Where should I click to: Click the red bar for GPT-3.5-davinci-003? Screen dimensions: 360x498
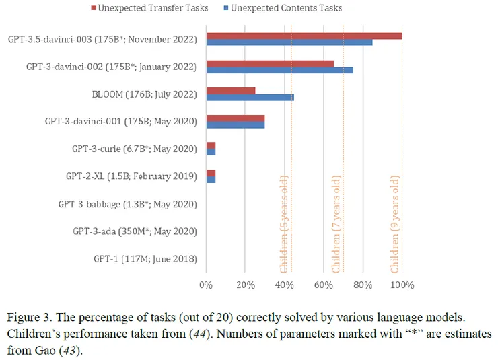(304, 36)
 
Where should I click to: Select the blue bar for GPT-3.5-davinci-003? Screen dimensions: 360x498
(289, 43)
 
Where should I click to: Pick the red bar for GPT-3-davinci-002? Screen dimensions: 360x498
(270, 63)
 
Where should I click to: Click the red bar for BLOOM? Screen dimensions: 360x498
(231, 90)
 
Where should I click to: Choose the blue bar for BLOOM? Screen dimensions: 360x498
(250, 97)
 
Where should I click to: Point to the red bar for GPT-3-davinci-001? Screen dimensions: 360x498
(236, 117)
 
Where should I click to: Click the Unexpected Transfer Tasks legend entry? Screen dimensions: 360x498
(153, 8)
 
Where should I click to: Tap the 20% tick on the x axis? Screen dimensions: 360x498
(245, 285)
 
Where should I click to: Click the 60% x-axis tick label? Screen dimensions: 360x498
(324, 285)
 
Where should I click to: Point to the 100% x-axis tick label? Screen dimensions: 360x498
(402, 285)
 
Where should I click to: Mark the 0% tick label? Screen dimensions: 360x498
(207, 285)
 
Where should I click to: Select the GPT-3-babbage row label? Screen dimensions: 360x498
(127, 205)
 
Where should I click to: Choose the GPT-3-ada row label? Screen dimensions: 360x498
(135, 231)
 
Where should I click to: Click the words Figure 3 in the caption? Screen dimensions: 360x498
(29, 316)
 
